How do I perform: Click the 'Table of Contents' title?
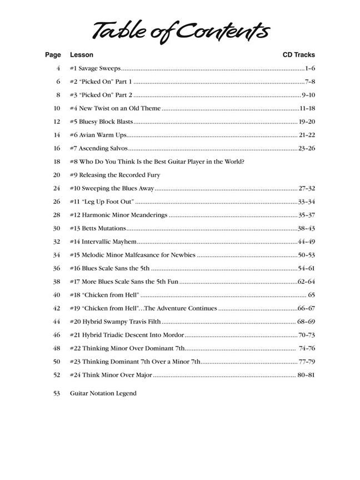181,32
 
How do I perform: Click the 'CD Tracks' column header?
298,55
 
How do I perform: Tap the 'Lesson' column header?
82,55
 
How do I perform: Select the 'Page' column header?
53,55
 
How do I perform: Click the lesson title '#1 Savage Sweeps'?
95,68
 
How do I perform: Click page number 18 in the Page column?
57,162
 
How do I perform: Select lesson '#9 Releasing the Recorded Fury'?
115,175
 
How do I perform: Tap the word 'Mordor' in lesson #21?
173,335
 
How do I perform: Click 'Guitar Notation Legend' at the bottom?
103,393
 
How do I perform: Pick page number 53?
57,393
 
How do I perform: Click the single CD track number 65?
311,295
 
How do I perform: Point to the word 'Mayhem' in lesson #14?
123,242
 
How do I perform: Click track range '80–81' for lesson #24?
306,375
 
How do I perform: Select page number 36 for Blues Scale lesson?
57,268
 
